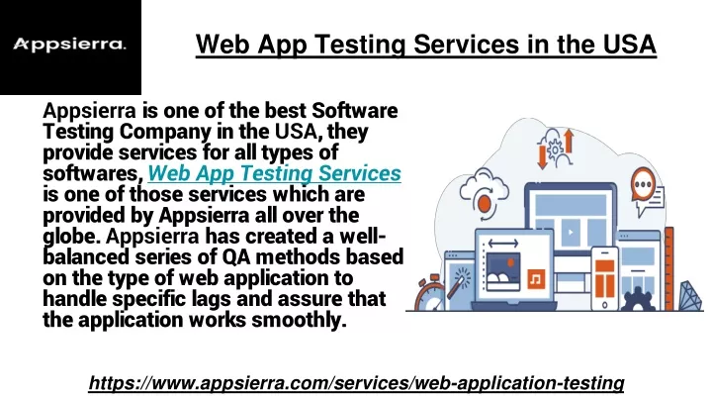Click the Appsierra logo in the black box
pyautogui.click(x=69, y=45)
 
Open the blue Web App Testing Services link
pyautogui.click(x=274, y=173)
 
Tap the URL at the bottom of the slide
pyautogui.click(x=356, y=383)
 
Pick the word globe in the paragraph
pyautogui.click(x=71, y=237)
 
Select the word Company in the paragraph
pyautogui.click(x=165, y=133)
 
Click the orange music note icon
pyautogui.click(x=536, y=278)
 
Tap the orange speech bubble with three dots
pyautogui.click(x=643, y=184)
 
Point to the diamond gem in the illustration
pyautogui.click(x=690, y=296)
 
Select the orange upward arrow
pyautogui.click(x=568, y=141)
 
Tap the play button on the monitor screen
pyautogui.click(x=571, y=232)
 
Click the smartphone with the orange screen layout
pyautogui.click(x=605, y=278)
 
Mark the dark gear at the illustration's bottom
pyautogui.click(x=638, y=299)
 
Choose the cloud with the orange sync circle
pyautogui.click(x=484, y=193)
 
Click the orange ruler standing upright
pyautogui.click(x=668, y=268)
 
